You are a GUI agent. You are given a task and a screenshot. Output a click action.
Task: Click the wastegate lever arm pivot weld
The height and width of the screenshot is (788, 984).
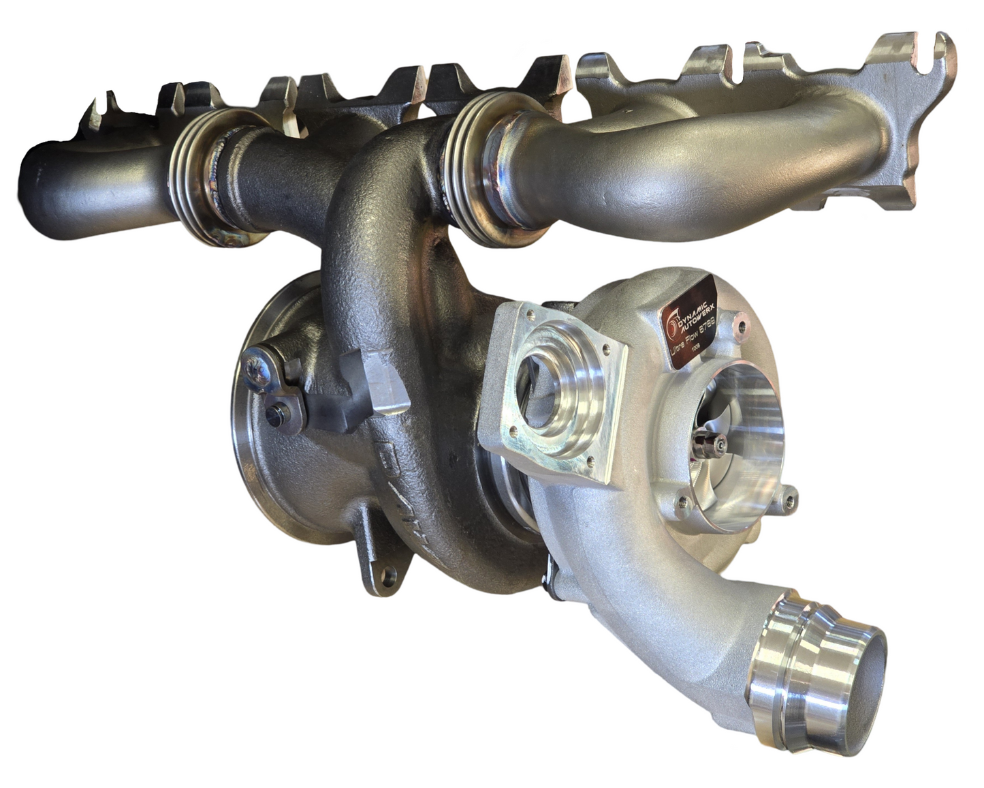pyautogui.click(x=258, y=362)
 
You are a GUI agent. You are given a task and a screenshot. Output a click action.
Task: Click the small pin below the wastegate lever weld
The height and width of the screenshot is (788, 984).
pyautogui.click(x=275, y=414)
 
